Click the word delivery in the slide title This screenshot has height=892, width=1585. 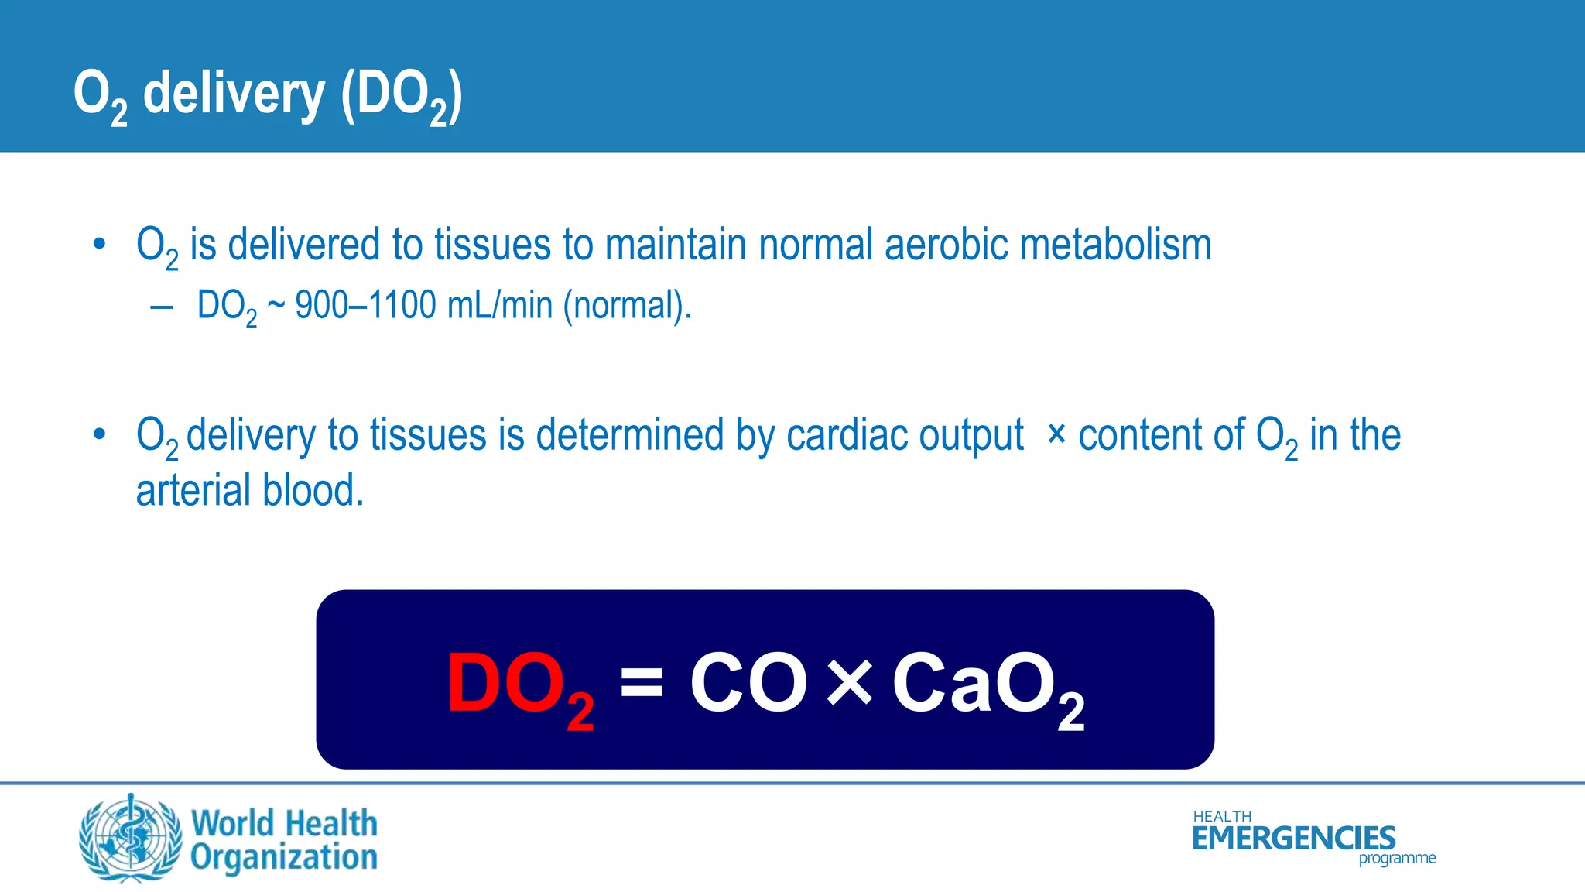234,93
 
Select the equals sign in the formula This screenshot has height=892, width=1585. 642,682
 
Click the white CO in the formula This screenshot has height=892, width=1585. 748,682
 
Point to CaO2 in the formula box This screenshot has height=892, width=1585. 988,686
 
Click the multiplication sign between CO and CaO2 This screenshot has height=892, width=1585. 850,683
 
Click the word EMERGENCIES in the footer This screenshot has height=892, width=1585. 1293,839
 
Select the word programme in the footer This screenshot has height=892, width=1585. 1397,859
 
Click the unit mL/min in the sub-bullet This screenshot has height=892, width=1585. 500,305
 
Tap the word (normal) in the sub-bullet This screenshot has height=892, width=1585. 625,305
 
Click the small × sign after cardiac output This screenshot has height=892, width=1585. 1056,434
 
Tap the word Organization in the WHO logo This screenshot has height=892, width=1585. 284,858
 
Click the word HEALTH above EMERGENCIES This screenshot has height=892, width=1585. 1222,817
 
